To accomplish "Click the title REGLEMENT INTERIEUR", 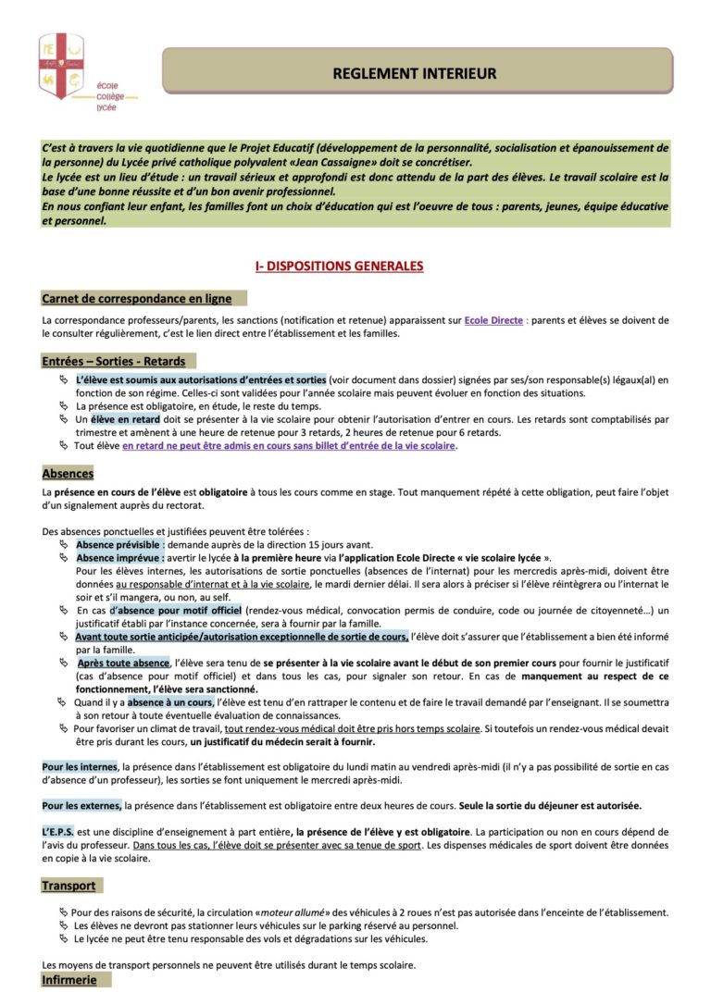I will [415, 73].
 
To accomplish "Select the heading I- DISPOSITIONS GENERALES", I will [339, 267].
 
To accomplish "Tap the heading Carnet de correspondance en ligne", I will [136, 299].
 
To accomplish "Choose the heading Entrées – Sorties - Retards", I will [114, 361].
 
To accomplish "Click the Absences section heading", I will [68, 474].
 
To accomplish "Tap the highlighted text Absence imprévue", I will [120, 558].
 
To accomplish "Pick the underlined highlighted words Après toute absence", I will [123, 664].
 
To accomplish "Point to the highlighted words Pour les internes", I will [80, 766].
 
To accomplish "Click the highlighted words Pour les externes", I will [81, 804].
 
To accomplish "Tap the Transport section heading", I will [69, 886].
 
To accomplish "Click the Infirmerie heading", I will [69, 980].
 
